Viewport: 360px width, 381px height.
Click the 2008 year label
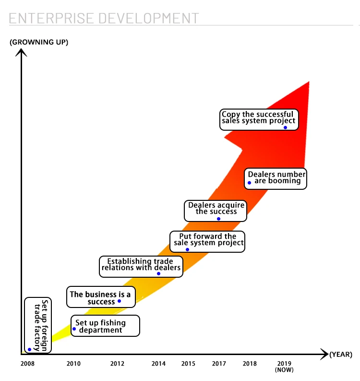[27, 364]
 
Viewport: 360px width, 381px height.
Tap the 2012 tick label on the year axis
[117, 364]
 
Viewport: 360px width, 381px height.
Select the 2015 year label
[188, 364]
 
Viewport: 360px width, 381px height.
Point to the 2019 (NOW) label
[284, 366]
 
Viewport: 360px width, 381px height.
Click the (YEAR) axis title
[341, 355]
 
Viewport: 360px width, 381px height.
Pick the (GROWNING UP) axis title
[39, 42]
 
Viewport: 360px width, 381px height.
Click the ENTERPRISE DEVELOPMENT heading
[104, 18]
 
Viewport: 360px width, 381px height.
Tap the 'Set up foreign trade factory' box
[38, 325]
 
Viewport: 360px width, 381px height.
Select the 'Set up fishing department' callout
[106, 326]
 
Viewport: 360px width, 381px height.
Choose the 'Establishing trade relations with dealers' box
[141, 266]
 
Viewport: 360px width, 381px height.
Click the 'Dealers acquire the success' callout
[216, 210]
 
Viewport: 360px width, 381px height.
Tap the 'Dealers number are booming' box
[275, 179]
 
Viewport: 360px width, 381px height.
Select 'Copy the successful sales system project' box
[259, 120]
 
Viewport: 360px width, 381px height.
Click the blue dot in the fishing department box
[74, 329]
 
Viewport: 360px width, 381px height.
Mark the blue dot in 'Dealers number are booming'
[249, 183]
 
